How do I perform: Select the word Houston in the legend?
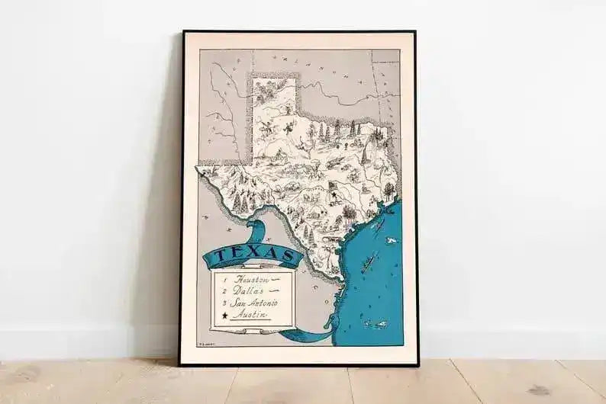click(252, 280)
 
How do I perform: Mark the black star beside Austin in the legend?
click(223, 314)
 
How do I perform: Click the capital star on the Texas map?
click(334, 195)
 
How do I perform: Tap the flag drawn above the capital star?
click(333, 184)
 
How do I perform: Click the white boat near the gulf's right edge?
click(391, 241)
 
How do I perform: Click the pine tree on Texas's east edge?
click(388, 188)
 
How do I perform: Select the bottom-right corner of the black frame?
click(417, 364)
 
